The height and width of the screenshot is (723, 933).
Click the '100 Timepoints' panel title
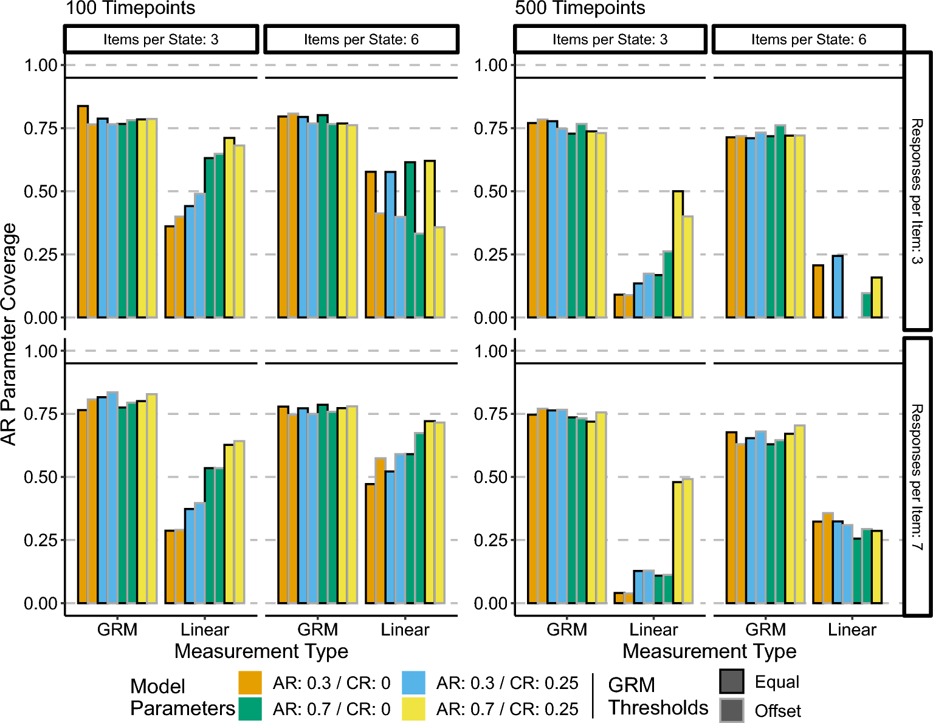[x=131, y=8]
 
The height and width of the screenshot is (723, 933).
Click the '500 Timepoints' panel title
[x=580, y=8]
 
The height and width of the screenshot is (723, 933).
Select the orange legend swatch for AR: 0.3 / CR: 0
[x=250, y=683]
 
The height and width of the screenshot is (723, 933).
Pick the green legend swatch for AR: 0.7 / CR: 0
[x=250, y=709]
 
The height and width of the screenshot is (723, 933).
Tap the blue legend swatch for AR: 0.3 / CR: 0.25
[x=413, y=683]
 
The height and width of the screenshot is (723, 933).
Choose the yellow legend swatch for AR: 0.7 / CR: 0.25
[x=413, y=709]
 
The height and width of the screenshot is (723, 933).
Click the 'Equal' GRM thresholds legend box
[x=732, y=681]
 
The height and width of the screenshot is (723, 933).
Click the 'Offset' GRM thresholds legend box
[x=732, y=710]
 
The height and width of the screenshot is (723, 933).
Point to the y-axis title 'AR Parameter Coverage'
[x=9, y=335]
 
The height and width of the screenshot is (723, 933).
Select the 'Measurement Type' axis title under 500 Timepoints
[x=709, y=651]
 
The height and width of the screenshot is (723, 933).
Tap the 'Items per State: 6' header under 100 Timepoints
[x=361, y=39]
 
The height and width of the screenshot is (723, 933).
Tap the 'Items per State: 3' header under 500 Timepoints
[x=610, y=39]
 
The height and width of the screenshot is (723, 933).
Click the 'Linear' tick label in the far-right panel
[x=852, y=629]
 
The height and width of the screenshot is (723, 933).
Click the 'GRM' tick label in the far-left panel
[x=117, y=629]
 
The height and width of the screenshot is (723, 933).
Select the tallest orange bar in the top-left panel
[x=83, y=211]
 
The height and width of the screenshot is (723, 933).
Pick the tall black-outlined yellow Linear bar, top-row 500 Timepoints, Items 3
[x=678, y=255]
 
